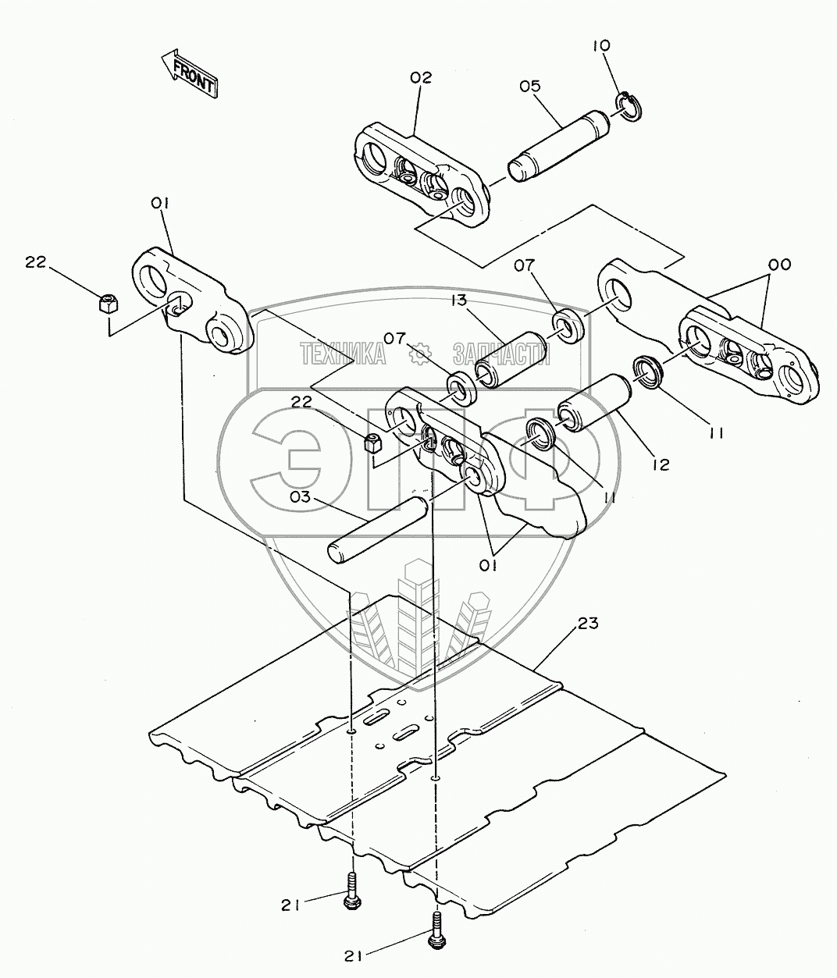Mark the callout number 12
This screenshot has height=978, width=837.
coord(661,465)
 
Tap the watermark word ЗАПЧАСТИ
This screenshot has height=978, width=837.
coord(500,355)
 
